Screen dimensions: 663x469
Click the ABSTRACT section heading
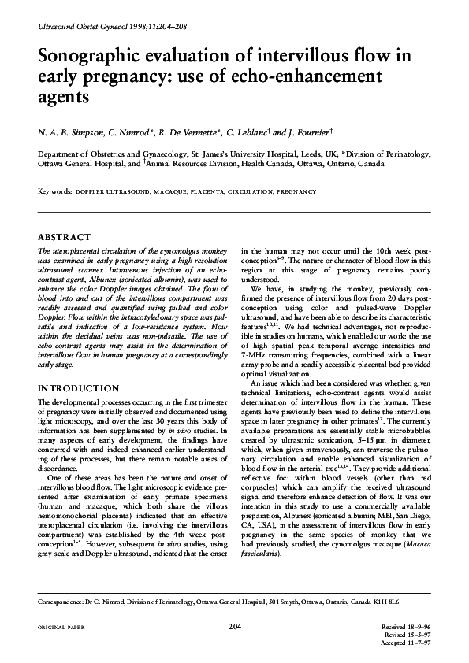[x=65, y=235]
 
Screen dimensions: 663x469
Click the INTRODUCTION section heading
[x=78, y=388]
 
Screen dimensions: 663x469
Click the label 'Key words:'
[x=55, y=191]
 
